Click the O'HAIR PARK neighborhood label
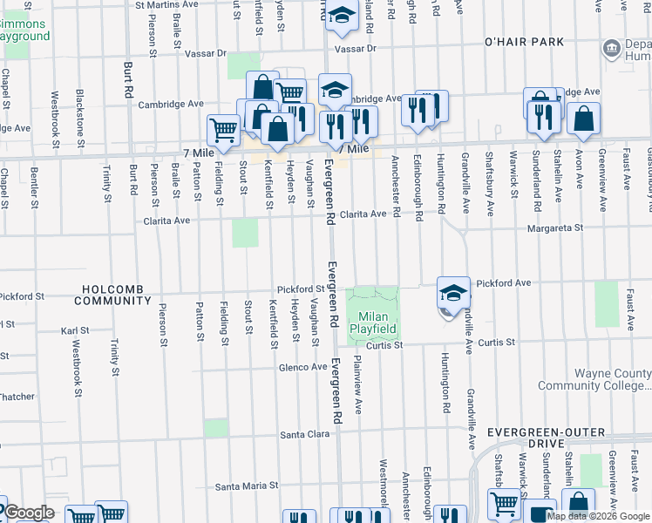[524, 42]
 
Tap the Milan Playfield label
[374, 323]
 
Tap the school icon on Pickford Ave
[453, 293]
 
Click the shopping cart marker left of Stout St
[224, 131]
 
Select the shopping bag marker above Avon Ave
[583, 118]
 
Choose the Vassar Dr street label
[352, 50]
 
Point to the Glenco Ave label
[302, 368]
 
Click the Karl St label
[75, 331]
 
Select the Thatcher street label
[17, 397]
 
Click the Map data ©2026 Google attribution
[599, 515]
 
